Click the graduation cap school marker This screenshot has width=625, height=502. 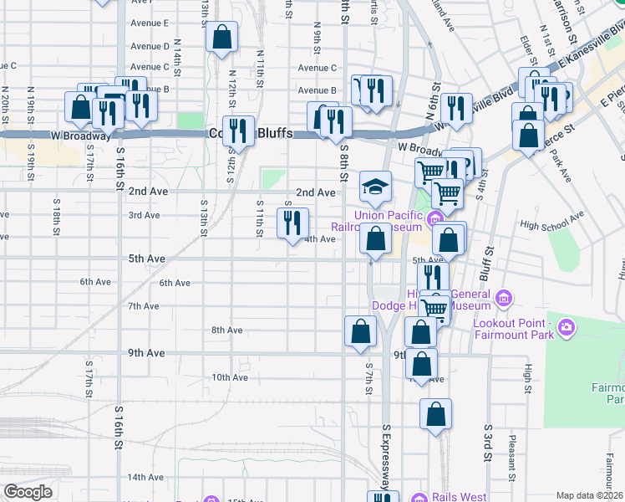coord(376,186)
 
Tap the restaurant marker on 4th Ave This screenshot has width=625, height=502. coord(292,223)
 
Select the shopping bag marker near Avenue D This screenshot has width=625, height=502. coord(221,38)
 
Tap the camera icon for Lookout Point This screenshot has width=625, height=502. coord(567,325)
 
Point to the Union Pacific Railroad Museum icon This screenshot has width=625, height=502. coord(434,221)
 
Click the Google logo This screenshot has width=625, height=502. coord(28,492)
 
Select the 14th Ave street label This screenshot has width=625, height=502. coord(145,477)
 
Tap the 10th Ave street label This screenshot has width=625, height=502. coord(230,377)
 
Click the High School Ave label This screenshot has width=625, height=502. coord(551,221)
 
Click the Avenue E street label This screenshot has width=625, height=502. coord(150,23)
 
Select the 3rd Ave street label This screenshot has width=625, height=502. coord(143,215)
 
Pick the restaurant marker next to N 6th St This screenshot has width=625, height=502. coord(455,106)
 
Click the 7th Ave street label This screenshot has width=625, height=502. coord(143,306)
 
